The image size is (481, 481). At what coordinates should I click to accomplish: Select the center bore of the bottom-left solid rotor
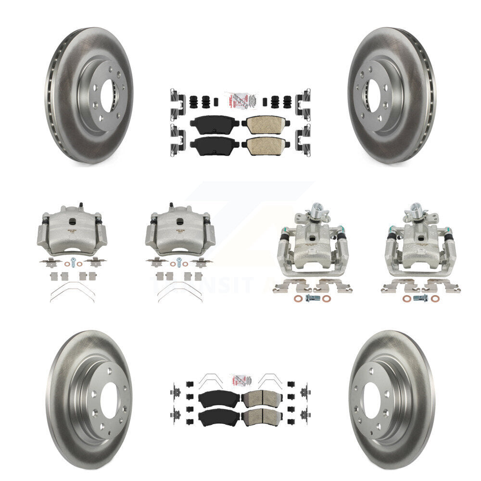[109, 400]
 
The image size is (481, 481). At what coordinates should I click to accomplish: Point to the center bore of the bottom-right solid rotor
[372, 400]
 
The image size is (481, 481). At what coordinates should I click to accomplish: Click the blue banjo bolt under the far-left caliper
[73, 262]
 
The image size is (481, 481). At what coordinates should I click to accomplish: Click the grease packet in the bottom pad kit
[240, 378]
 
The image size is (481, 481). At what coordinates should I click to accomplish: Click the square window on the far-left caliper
[71, 221]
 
